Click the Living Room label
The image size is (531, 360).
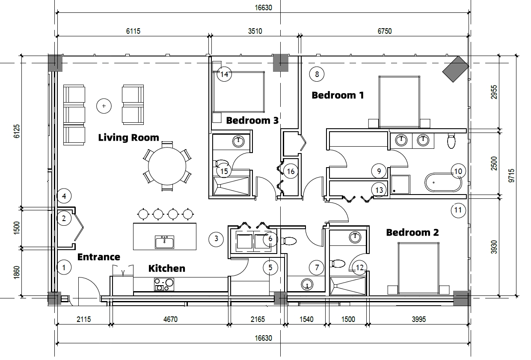(x=128, y=138)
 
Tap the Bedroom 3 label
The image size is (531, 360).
(x=252, y=121)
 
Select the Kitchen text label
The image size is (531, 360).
(x=166, y=269)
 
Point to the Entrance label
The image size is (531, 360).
(x=98, y=257)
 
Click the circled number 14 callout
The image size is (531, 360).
(x=224, y=74)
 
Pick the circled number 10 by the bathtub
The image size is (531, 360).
(x=458, y=172)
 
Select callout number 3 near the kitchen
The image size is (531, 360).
(x=216, y=239)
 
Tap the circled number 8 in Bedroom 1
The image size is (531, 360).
(x=317, y=74)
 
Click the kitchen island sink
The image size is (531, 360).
(x=165, y=243)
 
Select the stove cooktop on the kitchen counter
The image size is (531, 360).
(x=164, y=284)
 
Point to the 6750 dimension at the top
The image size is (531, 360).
(x=384, y=31)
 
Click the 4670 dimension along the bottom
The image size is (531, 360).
(x=170, y=319)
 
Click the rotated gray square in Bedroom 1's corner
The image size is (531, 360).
(x=455, y=68)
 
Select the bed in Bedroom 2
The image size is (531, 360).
(x=418, y=269)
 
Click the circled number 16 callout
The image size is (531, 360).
(x=291, y=171)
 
